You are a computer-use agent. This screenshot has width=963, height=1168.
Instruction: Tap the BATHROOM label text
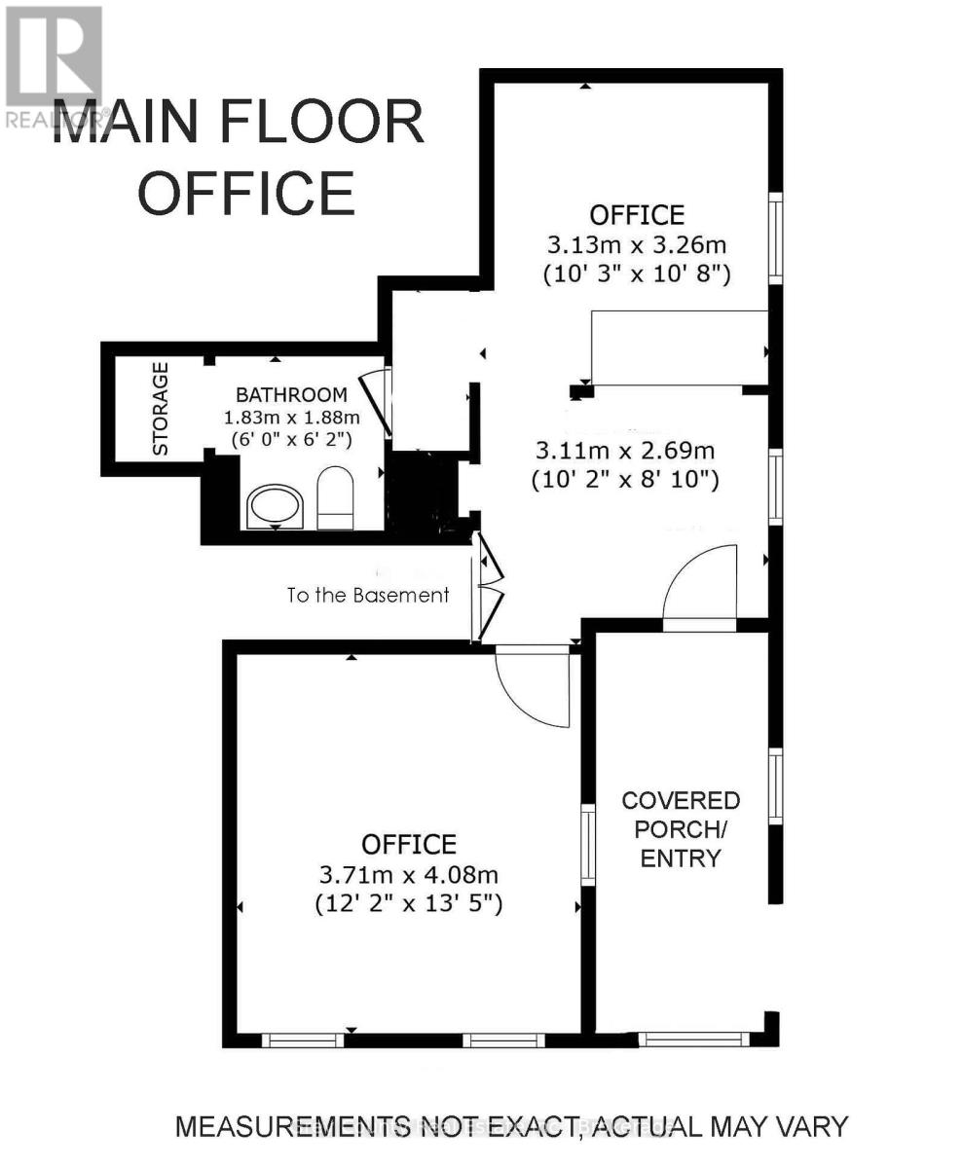[291, 395]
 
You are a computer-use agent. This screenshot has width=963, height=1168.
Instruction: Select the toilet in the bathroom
[334, 497]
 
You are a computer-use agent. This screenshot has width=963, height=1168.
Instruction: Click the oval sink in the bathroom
[275, 506]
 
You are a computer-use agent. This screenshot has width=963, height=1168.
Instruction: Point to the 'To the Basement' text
[368, 595]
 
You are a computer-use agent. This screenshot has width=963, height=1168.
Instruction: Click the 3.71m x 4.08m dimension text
[408, 874]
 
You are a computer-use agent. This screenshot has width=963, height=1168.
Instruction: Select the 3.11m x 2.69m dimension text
[625, 451]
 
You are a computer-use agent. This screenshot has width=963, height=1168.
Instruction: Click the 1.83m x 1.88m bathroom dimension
[291, 418]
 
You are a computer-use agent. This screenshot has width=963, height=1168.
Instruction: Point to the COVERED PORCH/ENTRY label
[681, 829]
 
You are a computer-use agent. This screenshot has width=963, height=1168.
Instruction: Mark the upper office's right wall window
[775, 238]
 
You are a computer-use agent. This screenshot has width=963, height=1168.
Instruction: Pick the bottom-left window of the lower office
[303, 1040]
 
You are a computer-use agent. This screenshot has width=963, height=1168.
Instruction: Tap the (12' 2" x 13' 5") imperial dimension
[408, 903]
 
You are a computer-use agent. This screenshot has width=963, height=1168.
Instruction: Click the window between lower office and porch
[588, 845]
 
